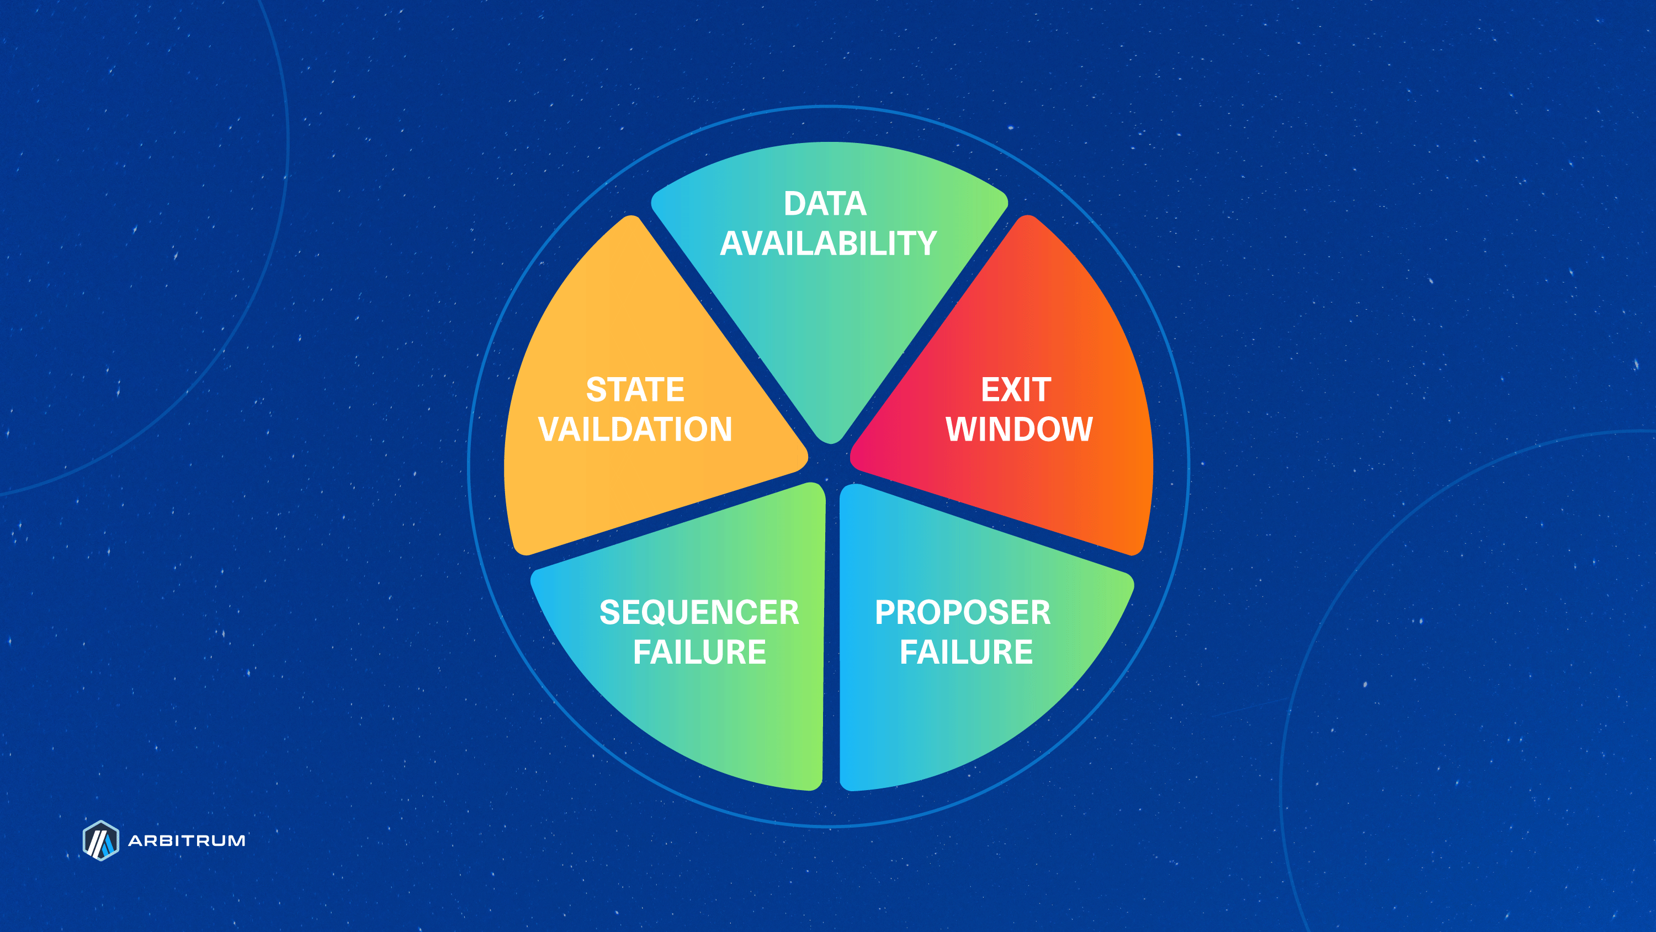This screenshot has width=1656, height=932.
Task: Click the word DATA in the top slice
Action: coord(825,204)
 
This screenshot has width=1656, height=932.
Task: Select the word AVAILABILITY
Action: coord(828,244)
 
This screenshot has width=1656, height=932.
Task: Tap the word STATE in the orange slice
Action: coord(635,390)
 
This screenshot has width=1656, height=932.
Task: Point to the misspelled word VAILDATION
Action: coord(635,429)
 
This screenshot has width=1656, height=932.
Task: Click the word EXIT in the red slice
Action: coord(1016,390)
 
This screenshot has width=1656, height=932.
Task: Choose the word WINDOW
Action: coord(1019,429)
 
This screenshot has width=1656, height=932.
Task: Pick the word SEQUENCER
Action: coord(699,612)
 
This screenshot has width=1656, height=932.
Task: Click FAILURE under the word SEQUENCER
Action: coord(699,652)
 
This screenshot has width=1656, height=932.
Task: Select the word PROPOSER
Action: coord(962,612)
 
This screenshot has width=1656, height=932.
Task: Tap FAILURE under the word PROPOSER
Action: coord(965,652)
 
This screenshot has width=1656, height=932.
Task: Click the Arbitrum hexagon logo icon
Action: coord(101,840)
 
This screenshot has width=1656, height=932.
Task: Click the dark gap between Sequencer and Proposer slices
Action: coord(831,637)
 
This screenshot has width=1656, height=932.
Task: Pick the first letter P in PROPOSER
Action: coord(886,612)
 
